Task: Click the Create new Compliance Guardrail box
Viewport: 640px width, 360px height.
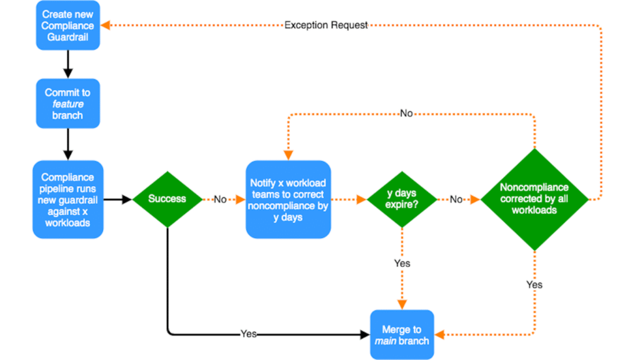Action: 67,26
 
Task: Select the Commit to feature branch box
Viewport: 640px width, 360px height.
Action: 67,104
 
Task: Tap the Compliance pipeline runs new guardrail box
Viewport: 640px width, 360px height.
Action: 67,199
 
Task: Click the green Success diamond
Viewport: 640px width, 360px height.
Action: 167,199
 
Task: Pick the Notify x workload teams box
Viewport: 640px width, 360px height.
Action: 288,199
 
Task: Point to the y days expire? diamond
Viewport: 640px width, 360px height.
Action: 401,199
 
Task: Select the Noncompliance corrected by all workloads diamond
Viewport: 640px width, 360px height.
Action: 534,199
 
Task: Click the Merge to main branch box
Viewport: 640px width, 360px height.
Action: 401,334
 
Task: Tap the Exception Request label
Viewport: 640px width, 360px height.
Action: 326,25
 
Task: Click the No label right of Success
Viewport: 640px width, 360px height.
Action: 220,199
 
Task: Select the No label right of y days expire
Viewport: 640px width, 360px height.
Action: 456,199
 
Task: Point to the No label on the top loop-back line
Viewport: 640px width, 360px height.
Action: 406,114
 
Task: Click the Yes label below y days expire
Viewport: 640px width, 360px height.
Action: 402,263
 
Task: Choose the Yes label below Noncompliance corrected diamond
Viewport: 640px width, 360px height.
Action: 534,284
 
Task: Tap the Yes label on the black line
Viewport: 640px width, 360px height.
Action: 249,334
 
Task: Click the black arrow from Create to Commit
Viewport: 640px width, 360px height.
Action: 67,64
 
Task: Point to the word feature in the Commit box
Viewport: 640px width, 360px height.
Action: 67,104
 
